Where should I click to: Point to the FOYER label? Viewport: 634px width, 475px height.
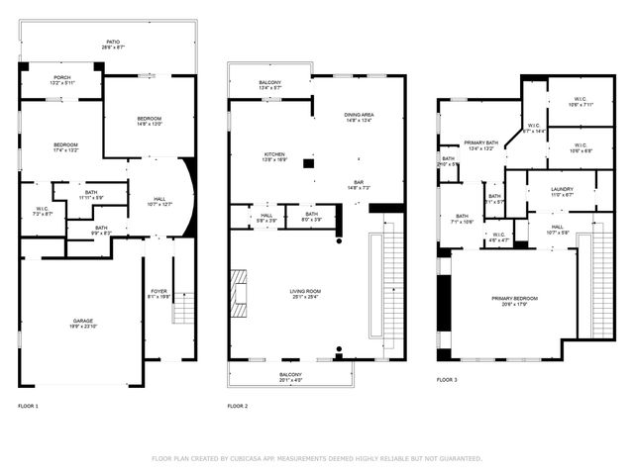tap(158, 292)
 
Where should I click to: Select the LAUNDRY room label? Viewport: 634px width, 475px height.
tap(562, 190)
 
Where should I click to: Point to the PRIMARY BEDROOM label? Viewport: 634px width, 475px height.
tap(513, 300)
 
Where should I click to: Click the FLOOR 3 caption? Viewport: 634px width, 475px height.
tap(447, 379)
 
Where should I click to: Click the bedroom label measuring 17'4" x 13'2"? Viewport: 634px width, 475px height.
tap(66, 147)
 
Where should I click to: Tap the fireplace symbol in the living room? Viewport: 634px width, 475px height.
tap(239, 292)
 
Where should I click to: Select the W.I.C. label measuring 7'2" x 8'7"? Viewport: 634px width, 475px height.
tap(43, 210)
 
